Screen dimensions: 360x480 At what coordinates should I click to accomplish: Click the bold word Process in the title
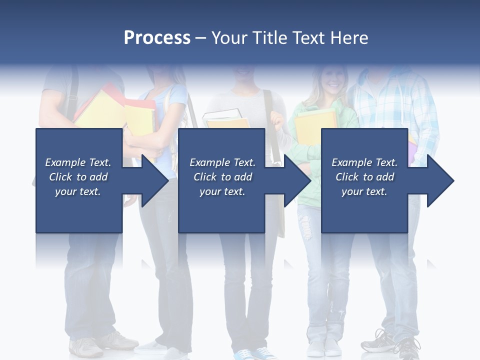click(157, 38)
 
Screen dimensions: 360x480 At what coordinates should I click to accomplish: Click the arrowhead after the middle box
click(296, 180)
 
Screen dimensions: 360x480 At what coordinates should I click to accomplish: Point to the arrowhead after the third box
click(439, 180)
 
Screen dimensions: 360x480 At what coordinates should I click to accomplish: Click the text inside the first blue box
click(78, 177)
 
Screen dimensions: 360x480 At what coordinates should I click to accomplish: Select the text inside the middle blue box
click(222, 177)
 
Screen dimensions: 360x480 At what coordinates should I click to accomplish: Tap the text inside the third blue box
click(364, 177)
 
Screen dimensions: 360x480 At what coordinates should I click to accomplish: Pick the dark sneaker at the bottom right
click(395, 345)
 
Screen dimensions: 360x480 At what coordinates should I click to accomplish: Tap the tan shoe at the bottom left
click(86, 346)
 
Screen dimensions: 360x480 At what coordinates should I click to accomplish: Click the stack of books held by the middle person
click(226, 120)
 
